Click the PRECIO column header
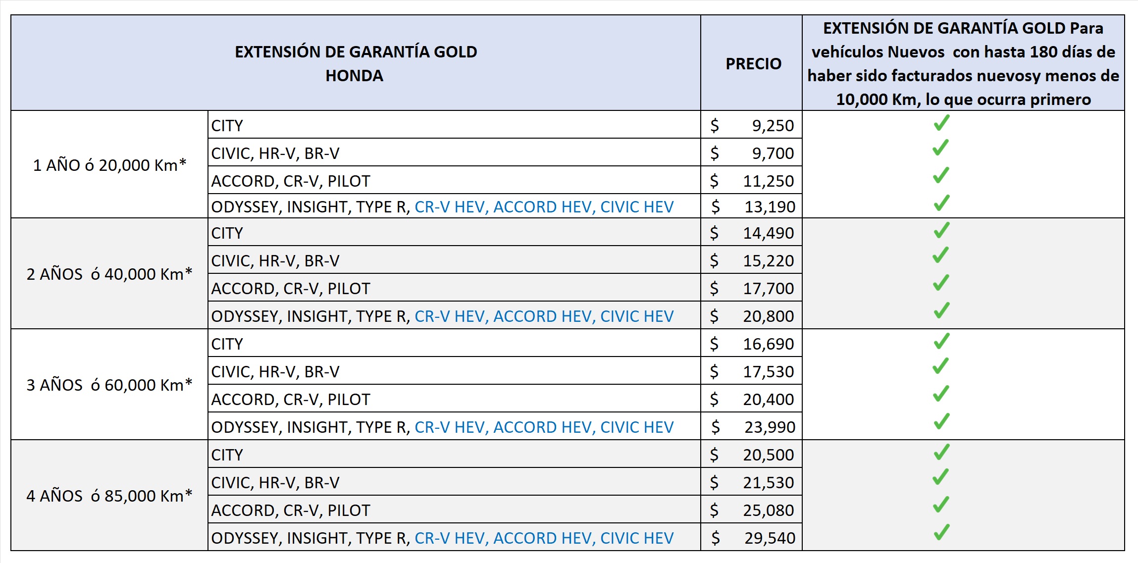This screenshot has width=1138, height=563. pos(753,64)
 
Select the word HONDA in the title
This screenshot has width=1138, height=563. pos(354,76)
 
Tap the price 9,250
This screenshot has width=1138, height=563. pos(773,126)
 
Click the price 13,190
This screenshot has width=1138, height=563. pos(770,207)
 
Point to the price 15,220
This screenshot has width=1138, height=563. pos(768,261)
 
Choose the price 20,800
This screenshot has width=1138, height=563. pos(768,316)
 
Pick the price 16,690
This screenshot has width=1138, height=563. pos(768,344)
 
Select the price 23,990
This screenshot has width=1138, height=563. pos(770,427)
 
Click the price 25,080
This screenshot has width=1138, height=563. pos(768,511)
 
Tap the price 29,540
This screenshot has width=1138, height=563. pos(770,538)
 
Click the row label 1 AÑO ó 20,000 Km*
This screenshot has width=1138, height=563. pos(109,165)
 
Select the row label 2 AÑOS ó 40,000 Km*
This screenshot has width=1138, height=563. pos(109,274)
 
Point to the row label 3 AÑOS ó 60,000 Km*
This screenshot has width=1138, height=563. pos(109,385)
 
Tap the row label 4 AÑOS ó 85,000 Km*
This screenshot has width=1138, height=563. pos(109,496)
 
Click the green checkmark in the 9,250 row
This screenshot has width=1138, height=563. pos(941,123)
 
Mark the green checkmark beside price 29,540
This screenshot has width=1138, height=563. pos(941,532)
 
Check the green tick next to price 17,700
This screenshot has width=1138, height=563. pos(941,283)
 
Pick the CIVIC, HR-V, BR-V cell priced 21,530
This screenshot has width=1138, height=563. pos(275,483)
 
